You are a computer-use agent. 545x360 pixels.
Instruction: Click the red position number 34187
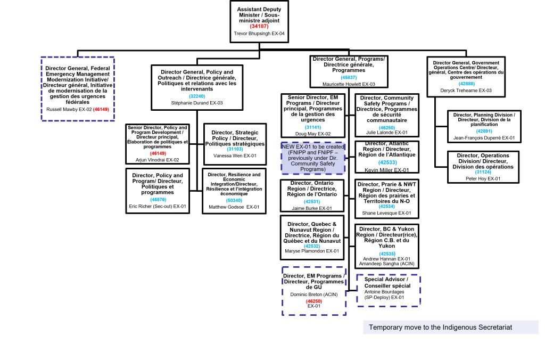pyautogui.click(x=259, y=27)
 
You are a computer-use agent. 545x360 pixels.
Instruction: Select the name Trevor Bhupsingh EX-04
pyautogui.click(x=259, y=34)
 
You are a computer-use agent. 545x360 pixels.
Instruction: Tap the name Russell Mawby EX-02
pyautogui.click(x=69, y=110)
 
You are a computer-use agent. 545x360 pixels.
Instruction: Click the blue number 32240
pyautogui.click(x=197, y=96)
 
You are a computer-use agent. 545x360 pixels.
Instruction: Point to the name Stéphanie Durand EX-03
pyautogui.click(x=197, y=103)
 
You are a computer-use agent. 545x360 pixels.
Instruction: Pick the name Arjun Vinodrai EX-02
pyautogui.click(x=158, y=160)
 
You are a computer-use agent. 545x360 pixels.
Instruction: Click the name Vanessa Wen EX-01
pyautogui.click(x=235, y=156)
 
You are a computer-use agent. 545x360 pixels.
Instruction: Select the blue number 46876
pyautogui.click(x=158, y=200)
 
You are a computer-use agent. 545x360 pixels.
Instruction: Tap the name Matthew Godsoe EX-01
pyautogui.click(x=234, y=207)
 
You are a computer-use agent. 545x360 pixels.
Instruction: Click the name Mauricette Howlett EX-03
pyautogui.click(x=349, y=84)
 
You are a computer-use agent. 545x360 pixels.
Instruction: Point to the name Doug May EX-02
pyautogui.click(x=313, y=134)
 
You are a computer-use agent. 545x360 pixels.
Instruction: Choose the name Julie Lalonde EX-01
pyautogui.click(x=387, y=133)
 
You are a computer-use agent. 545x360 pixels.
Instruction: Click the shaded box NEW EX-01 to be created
pyautogui.click(x=313, y=158)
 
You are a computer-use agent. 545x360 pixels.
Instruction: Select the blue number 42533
pyautogui.click(x=387, y=162)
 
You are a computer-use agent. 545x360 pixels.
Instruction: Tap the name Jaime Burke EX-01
pyautogui.click(x=312, y=208)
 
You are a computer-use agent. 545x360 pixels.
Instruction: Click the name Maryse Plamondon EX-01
pyautogui.click(x=312, y=251)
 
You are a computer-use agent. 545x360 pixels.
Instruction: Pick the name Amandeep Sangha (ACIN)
pyautogui.click(x=386, y=264)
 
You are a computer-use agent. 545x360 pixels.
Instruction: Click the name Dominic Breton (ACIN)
pyautogui.click(x=314, y=294)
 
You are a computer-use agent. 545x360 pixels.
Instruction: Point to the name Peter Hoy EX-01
pyautogui.click(x=483, y=179)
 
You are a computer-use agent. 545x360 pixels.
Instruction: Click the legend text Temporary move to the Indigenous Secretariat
pyautogui.click(x=440, y=328)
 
